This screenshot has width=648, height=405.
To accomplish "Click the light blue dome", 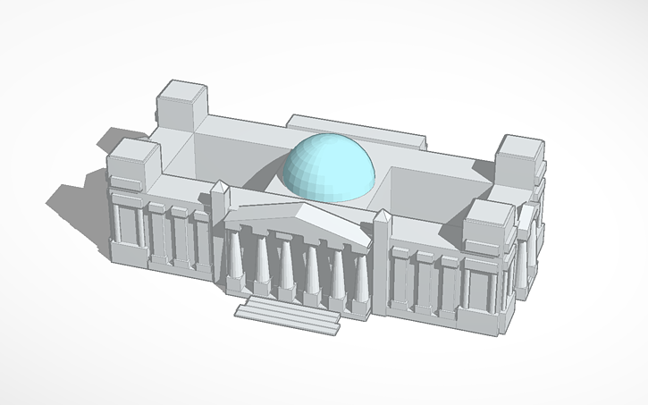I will click(328, 166).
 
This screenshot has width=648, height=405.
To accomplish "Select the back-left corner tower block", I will click(182, 105).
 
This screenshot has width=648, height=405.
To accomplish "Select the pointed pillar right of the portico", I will click(381, 259).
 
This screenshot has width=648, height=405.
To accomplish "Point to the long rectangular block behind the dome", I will click(358, 130).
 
